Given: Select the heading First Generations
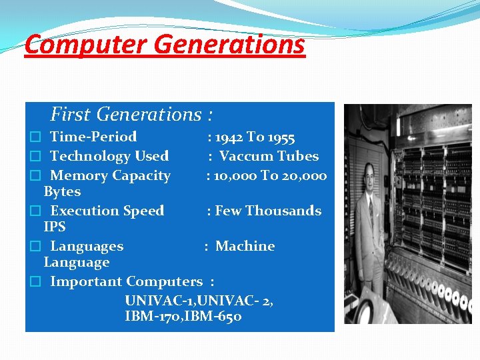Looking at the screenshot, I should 125,115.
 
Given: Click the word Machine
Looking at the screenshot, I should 245,247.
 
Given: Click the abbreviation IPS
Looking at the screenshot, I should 55,227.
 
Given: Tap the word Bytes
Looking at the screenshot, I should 62,192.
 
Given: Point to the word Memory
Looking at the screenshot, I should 74,176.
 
